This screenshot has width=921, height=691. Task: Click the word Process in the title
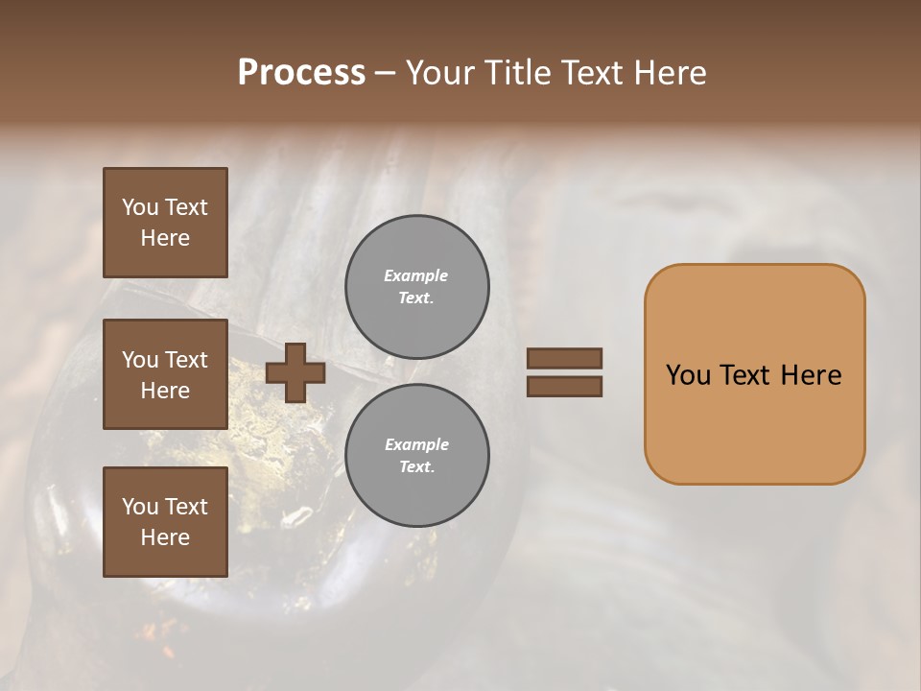pyautogui.click(x=301, y=73)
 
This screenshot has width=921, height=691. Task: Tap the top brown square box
pyautogui.click(x=165, y=223)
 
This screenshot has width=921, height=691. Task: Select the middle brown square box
pyautogui.click(x=165, y=374)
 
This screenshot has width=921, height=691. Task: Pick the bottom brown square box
pyautogui.click(x=165, y=521)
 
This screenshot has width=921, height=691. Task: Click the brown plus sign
pyautogui.click(x=295, y=373)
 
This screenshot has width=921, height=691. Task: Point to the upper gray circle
pyautogui.click(x=417, y=287)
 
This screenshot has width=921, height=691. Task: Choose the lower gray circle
pyautogui.click(x=417, y=456)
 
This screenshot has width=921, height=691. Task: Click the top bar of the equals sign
pyautogui.click(x=565, y=359)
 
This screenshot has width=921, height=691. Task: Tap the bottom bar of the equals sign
pyautogui.click(x=565, y=387)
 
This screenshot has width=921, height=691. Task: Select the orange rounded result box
pyautogui.click(x=754, y=373)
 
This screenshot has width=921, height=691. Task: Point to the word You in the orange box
pyautogui.click(x=688, y=375)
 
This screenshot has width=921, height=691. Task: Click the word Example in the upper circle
pyautogui.click(x=415, y=275)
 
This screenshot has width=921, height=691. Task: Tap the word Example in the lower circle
pyautogui.click(x=416, y=444)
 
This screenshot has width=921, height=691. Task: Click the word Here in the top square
pyautogui.click(x=165, y=238)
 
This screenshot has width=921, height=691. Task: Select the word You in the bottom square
pyautogui.click(x=140, y=506)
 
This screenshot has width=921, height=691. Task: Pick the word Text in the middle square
pyautogui.click(x=186, y=360)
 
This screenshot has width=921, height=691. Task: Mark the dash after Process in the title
pyautogui.click(x=386, y=73)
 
